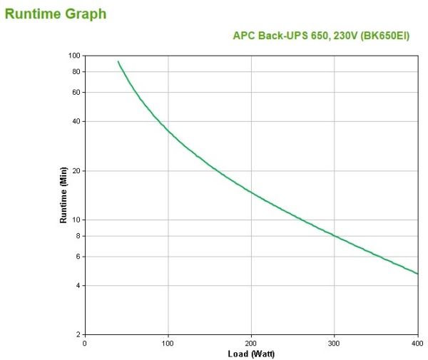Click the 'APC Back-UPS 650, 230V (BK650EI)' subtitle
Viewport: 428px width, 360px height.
[321, 36]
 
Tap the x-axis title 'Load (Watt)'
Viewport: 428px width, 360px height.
[251, 354]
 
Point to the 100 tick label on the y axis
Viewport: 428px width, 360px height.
[73, 56]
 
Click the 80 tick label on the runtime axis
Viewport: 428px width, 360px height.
[76, 71]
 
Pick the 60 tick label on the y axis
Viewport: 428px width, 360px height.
[76, 92]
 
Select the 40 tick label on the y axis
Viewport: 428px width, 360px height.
[76, 121]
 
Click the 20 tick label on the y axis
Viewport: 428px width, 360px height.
[76, 171]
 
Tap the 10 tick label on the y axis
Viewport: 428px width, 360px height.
[76, 220]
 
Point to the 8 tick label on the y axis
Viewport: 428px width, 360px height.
[78, 236]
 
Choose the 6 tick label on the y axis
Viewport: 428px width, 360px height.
[78, 257]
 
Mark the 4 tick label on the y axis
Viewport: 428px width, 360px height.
[78, 286]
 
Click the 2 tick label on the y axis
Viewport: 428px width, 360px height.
[78, 334]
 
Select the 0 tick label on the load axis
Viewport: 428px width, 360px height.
[85, 343]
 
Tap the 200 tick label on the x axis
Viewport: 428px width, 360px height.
[251, 343]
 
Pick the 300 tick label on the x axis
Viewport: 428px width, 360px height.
[335, 343]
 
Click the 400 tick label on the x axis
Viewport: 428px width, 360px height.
[417, 343]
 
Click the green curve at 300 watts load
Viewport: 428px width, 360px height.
[335, 235]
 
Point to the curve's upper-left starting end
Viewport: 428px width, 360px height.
[118, 61]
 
